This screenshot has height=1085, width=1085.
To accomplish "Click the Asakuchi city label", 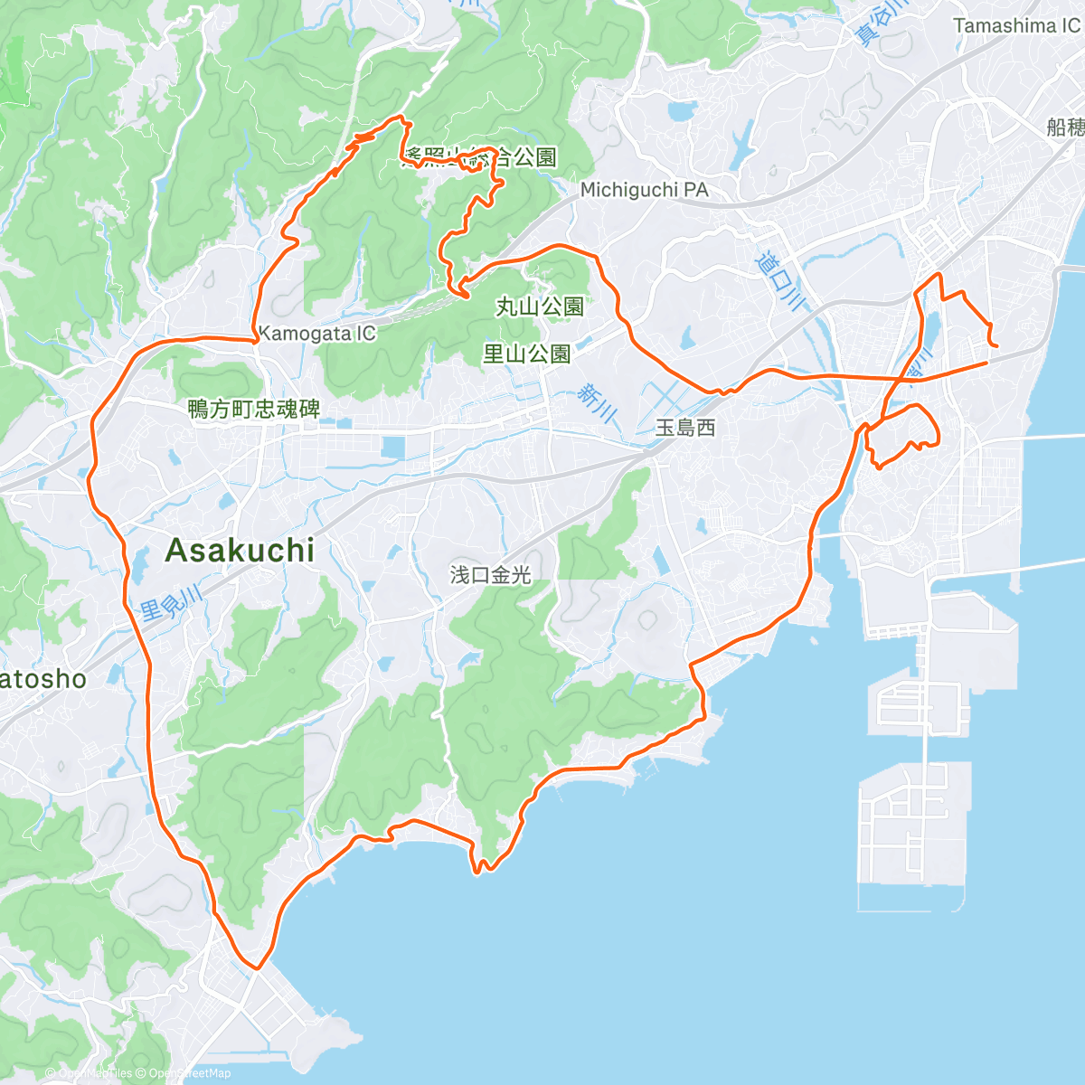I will (x=240, y=550).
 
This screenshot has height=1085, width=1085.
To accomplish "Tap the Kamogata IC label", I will (x=316, y=334).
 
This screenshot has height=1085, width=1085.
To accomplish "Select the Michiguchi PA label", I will (x=644, y=190).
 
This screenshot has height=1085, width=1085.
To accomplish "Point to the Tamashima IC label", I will (x=1016, y=26).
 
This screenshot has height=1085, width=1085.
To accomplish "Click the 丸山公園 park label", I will (x=540, y=307).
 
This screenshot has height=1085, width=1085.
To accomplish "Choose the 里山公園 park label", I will (x=526, y=354).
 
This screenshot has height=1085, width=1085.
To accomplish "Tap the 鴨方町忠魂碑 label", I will (x=254, y=410).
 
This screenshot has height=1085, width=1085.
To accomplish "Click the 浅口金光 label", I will (x=490, y=575).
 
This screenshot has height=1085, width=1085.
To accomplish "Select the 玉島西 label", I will (x=685, y=428).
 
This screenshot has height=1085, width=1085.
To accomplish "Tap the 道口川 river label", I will (x=779, y=278).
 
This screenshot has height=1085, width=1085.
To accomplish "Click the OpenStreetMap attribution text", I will (x=190, y=1073).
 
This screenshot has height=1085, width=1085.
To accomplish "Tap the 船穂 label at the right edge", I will (x=1066, y=127).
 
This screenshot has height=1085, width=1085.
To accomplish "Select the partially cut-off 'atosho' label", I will (x=42, y=679).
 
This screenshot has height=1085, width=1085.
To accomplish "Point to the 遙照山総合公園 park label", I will (x=479, y=157).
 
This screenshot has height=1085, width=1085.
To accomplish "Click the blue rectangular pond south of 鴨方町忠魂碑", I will (x=394, y=448).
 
